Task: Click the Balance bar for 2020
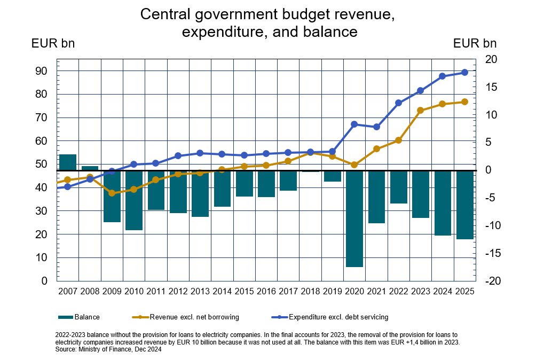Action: click(x=354, y=218)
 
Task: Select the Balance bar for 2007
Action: click(x=68, y=162)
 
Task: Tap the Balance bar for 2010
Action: click(x=134, y=200)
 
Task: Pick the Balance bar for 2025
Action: click(x=464, y=205)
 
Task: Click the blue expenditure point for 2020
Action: click(x=354, y=124)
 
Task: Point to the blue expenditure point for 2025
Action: click(x=464, y=73)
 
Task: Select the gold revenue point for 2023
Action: click(x=420, y=111)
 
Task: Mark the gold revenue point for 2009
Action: click(x=112, y=193)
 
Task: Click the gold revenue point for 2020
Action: click(x=354, y=165)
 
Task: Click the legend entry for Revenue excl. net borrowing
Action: click(x=192, y=317)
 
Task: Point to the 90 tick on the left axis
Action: click(x=42, y=71)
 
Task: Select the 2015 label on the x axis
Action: click(x=244, y=292)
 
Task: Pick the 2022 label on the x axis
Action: click(x=398, y=292)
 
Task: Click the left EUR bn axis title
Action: click(x=53, y=43)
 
